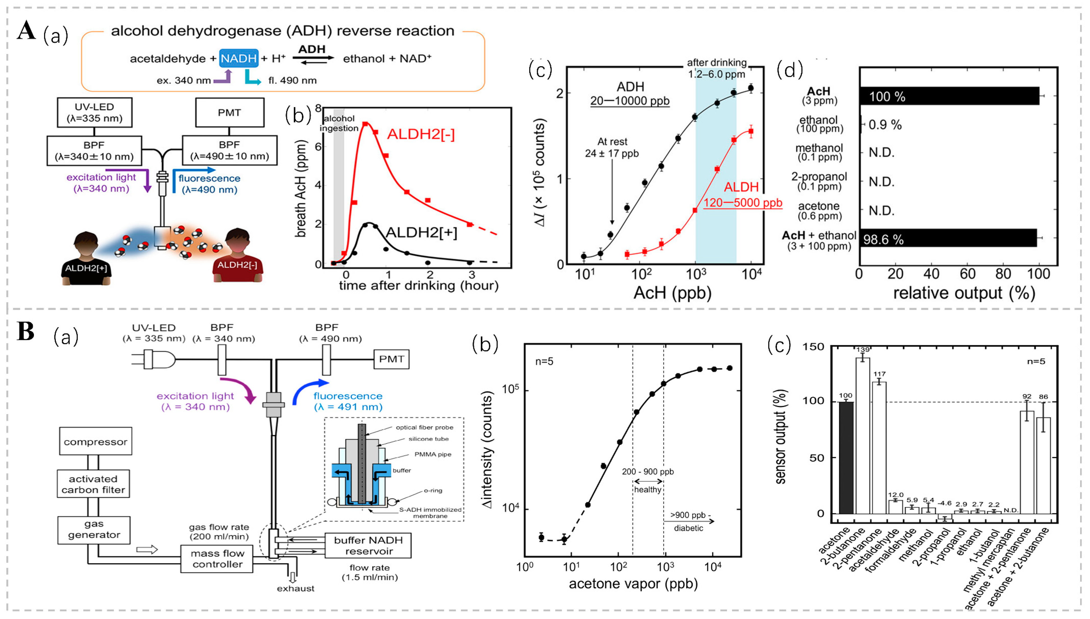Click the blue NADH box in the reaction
click(x=239, y=58)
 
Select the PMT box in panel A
click(x=229, y=113)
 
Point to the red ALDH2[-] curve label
click(x=420, y=134)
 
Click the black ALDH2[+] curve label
click(x=421, y=233)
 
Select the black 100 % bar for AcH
click(x=949, y=96)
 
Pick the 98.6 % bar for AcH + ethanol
click(x=948, y=239)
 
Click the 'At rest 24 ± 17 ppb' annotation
click(x=612, y=147)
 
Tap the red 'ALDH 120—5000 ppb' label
click(x=742, y=195)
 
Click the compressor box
click(x=95, y=441)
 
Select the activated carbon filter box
click(x=93, y=484)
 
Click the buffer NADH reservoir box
click(x=368, y=546)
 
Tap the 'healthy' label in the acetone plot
click(x=648, y=489)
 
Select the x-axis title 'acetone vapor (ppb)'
click(x=633, y=584)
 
